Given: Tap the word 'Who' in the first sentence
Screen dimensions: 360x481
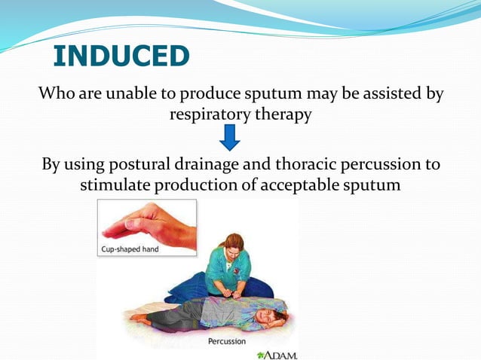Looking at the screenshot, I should (x=57, y=94).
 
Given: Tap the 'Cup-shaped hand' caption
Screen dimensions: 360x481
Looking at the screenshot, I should (x=130, y=249).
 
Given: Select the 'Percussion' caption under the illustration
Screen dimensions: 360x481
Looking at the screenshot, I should (x=226, y=341).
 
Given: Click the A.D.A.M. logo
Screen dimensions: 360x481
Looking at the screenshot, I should (x=277, y=353).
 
